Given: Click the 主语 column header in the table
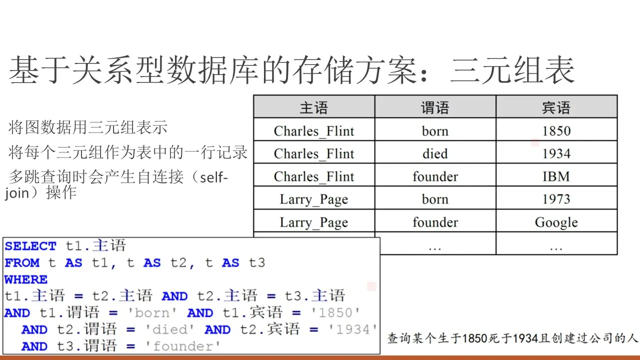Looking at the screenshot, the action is (313, 107).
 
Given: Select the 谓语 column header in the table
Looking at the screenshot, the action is (435, 107).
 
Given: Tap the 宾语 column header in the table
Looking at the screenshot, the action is (556, 107).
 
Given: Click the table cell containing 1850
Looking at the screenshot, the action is (556, 131).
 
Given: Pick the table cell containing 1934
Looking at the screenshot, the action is (556, 153).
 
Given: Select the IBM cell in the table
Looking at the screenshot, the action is (556, 176).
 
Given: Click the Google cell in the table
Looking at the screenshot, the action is (556, 222).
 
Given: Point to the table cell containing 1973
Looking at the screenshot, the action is (556, 199).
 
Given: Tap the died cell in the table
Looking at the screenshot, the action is (435, 153).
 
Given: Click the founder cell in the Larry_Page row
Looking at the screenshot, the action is (435, 222).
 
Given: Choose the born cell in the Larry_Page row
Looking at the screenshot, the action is (435, 199).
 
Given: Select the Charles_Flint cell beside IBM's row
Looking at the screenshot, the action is (313, 176).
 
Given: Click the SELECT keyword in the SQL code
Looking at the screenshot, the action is (30, 246).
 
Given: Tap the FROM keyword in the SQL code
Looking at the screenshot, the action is (22, 263).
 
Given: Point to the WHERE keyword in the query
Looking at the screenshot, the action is (26, 279).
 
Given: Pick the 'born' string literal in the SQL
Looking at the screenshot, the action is (152, 313).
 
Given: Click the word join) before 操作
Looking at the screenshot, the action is (24, 193).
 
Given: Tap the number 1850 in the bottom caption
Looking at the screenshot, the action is (474, 338).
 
